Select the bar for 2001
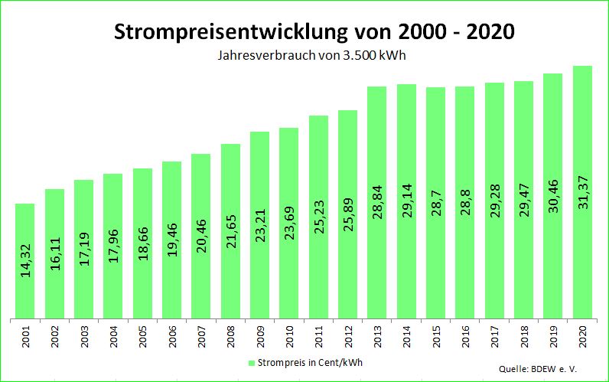(25, 260)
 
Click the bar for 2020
(582, 191)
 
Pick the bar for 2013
(376, 202)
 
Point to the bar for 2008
(230, 230)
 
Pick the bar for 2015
(435, 203)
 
